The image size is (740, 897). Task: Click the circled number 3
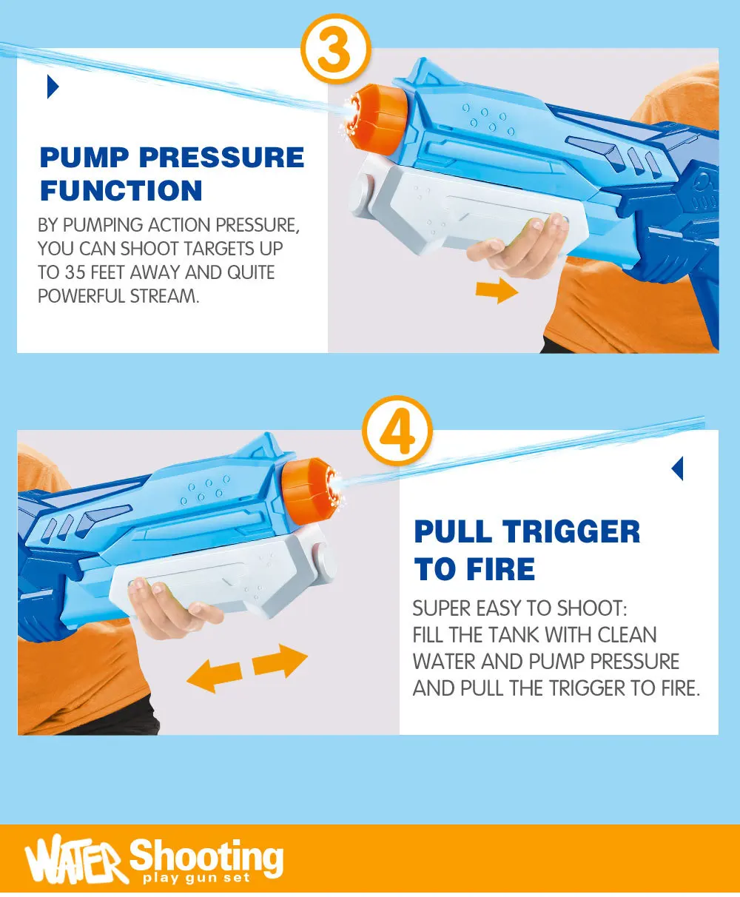[335, 49]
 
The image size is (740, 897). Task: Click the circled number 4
[397, 431]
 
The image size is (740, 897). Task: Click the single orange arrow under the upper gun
[497, 290]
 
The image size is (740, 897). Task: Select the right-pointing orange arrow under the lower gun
[280, 662]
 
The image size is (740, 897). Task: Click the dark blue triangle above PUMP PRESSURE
[53, 87]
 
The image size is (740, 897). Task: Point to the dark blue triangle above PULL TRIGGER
[677, 468]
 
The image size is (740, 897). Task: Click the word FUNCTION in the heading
[121, 191]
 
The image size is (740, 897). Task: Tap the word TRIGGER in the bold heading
[571, 531]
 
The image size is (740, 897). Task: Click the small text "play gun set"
[196, 877]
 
